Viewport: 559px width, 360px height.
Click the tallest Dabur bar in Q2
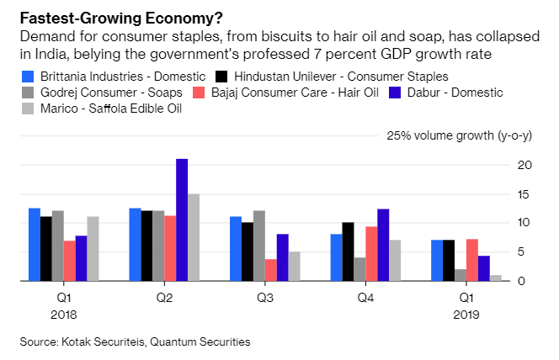[182, 220]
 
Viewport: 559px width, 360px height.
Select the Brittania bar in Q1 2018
[34, 244]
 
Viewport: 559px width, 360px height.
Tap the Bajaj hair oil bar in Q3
[270, 269]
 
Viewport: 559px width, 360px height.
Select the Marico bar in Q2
[194, 237]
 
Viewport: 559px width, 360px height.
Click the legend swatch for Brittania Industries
[28, 77]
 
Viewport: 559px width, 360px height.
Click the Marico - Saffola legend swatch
[28, 109]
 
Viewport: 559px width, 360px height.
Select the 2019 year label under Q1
[466, 315]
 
